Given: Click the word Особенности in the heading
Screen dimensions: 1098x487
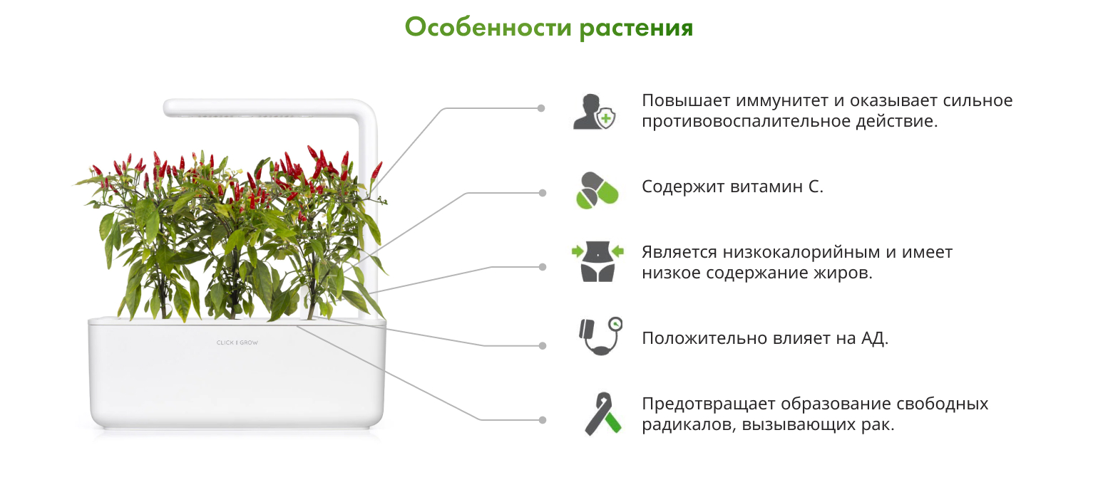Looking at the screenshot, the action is (488, 27).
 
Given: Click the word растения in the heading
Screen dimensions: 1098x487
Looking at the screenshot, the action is (636, 28).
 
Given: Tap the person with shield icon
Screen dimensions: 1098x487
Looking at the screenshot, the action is (594, 112).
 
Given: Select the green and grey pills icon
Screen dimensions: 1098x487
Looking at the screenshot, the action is (597, 190).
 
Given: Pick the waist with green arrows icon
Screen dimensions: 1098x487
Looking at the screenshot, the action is (597, 261).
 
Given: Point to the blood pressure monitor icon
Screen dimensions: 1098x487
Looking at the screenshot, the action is (600, 336).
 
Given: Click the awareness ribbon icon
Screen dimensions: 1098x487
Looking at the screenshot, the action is (603, 414).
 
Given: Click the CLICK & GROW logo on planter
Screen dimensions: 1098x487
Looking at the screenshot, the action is (237, 342).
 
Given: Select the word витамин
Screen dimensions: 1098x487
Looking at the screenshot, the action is (766, 187).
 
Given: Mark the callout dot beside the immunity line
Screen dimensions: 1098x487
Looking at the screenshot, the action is (541, 108).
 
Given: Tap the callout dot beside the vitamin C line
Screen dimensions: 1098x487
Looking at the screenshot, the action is (543, 193).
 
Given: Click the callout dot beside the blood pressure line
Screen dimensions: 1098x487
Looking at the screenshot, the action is (543, 345).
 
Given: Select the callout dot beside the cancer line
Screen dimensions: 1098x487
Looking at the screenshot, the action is (543, 420).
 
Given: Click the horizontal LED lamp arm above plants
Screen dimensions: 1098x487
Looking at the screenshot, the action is (265, 108).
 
